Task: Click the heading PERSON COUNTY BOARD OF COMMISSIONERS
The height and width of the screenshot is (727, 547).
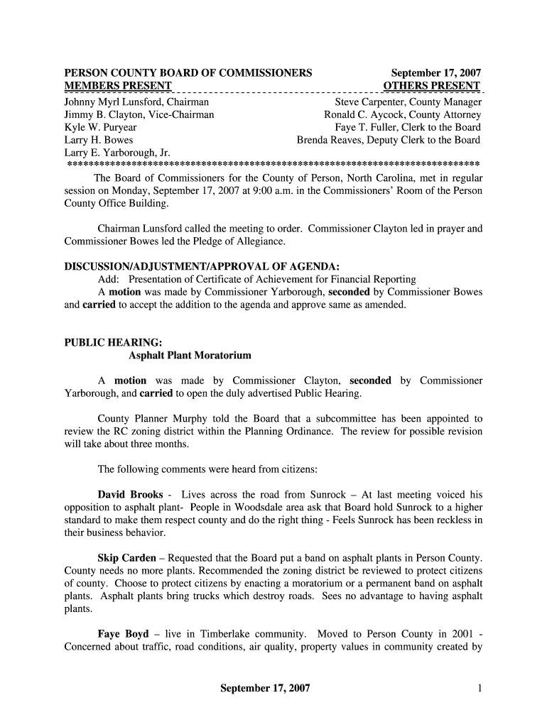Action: click(188, 73)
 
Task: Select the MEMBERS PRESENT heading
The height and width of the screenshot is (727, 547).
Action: click(118, 87)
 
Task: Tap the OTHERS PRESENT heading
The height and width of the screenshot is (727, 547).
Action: click(432, 87)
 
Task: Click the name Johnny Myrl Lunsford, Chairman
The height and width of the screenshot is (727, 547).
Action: click(136, 102)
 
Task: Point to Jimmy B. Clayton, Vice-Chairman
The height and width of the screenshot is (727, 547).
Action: click(139, 114)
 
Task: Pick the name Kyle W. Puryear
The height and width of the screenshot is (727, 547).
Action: click(100, 127)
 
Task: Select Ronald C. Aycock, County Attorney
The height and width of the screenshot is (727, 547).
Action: click(403, 114)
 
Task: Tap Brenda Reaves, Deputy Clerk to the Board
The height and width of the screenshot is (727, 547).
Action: click(389, 140)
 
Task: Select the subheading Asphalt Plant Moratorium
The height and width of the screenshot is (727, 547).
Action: click(190, 355)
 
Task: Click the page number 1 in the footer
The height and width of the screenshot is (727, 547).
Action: click(480, 688)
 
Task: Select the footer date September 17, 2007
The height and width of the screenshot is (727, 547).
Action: click(265, 688)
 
